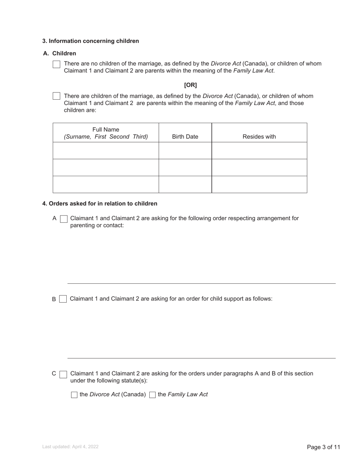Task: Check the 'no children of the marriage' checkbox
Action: (56, 64)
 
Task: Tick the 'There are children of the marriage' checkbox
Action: (56, 96)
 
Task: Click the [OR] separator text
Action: (190, 85)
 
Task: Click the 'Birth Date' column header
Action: (185, 137)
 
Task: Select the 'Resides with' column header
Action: (259, 137)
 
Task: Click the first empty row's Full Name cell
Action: (106, 151)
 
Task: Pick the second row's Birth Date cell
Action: (185, 167)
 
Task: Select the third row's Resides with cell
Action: (259, 185)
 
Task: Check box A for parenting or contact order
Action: (64, 219)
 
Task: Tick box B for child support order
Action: (63, 299)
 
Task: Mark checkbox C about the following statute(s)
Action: (64, 374)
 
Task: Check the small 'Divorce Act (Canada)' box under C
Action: (74, 395)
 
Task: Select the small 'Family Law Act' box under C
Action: (152, 395)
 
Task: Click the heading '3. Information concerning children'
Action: (91, 41)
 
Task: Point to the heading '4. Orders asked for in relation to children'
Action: (100, 203)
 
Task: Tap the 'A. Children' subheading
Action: (59, 53)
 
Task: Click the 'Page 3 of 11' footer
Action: (323, 447)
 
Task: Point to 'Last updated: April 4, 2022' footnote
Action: (70, 447)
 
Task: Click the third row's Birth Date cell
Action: (185, 185)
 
